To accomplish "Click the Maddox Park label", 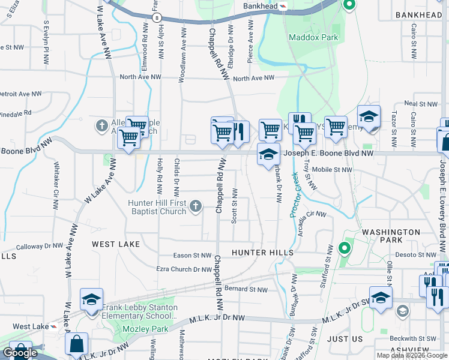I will [313, 37].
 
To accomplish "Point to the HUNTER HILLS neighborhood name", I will [262, 253].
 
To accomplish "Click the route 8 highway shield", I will [156, 19].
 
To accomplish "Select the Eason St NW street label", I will [192, 256].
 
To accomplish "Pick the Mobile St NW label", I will [332, 170].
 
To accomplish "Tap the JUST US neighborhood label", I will [345, 338].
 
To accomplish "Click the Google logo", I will [20, 352].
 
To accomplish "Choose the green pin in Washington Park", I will [345, 247].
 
